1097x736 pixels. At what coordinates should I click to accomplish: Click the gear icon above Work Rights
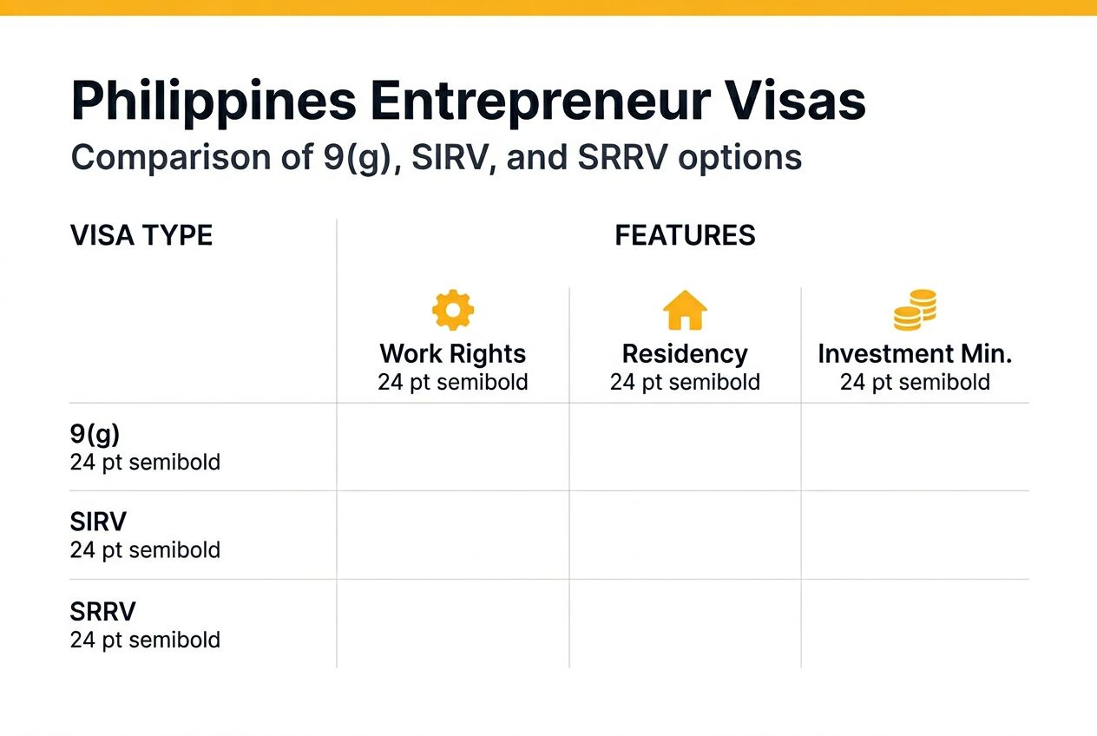[x=453, y=310]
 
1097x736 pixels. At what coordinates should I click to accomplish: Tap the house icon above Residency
[x=685, y=310]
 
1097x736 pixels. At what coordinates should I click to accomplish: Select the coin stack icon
[x=915, y=310]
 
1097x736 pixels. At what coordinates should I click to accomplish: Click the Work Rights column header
[x=453, y=354]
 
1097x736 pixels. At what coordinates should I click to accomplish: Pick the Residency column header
[x=685, y=354]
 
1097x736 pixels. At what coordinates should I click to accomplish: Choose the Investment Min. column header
[x=915, y=354]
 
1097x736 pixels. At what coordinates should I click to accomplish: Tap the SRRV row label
[x=102, y=612]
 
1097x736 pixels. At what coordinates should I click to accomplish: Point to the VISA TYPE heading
[x=141, y=235]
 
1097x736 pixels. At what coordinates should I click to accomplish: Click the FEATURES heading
[x=685, y=235]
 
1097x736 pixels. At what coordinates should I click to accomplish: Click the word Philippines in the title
[x=213, y=102]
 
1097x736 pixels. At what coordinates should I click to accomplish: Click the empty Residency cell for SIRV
[x=685, y=535]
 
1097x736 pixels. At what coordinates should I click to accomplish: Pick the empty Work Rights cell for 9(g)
[x=453, y=446]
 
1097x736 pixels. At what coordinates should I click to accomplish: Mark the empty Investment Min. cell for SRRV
[x=915, y=623]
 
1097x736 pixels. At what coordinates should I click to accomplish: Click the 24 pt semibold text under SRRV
[x=145, y=641]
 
